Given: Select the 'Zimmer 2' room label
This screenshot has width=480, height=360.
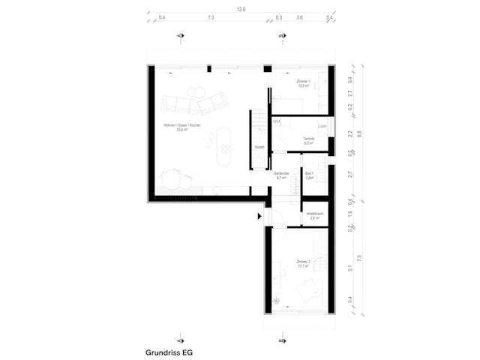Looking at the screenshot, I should [304, 264].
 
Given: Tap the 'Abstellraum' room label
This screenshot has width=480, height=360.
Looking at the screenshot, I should [315, 214].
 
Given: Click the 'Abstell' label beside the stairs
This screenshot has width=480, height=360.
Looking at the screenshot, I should [259, 147].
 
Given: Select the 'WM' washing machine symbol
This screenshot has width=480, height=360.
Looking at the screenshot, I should [276, 121].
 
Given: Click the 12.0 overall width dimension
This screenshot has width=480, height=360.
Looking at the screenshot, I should [241, 10].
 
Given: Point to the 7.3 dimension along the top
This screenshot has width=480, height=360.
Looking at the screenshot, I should [211, 17].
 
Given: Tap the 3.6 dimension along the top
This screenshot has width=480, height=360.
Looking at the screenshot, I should [300, 17].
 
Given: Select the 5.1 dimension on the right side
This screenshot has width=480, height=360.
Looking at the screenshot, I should [350, 268].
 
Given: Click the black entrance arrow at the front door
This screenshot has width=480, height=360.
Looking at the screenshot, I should [259, 216].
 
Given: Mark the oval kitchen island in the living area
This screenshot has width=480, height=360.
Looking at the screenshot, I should [223, 144].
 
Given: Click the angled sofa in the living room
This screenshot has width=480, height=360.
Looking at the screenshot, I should [192, 101].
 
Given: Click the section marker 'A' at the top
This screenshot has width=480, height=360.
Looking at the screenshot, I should [179, 36].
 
